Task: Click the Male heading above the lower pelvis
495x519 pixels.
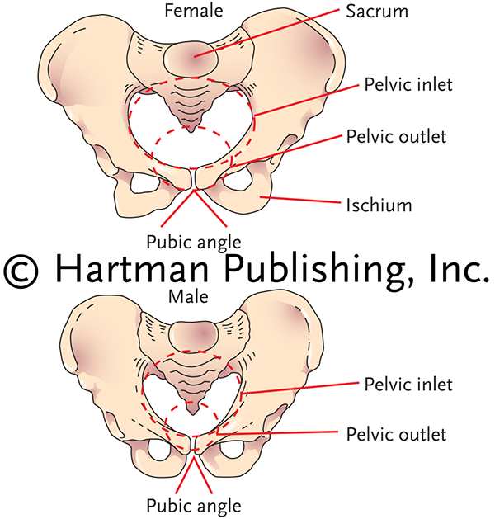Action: point(190,295)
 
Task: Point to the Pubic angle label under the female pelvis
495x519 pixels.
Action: point(193,242)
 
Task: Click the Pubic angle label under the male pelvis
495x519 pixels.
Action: point(193,505)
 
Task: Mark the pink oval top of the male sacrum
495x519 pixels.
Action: point(191,330)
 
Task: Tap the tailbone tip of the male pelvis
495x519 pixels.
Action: point(191,409)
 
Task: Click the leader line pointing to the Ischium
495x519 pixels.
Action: point(304,199)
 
